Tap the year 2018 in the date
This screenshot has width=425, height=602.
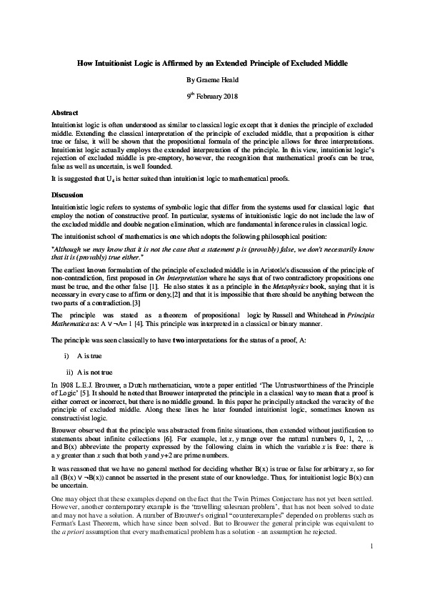226,97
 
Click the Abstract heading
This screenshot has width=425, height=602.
66,113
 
